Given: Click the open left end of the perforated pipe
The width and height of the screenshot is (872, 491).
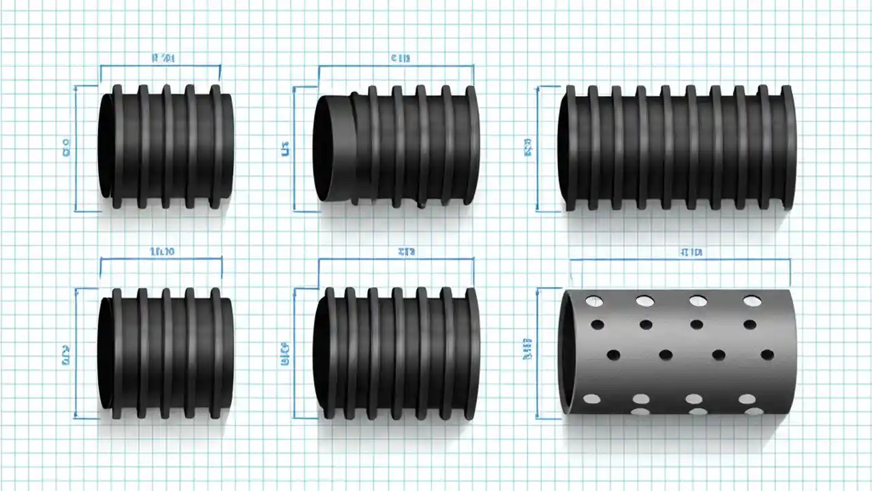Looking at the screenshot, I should [567, 351].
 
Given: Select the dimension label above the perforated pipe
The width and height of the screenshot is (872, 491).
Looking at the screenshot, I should [690, 252].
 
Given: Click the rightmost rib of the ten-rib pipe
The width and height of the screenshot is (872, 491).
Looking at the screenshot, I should [788, 147].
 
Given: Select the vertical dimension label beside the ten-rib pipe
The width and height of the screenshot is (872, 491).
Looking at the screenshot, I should [527, 149].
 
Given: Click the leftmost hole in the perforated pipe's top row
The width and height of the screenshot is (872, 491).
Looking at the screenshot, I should [594, 301].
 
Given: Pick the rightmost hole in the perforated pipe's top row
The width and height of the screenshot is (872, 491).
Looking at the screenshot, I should [751, 301].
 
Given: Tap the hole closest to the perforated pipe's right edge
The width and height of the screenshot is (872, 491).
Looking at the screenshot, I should [767, 355].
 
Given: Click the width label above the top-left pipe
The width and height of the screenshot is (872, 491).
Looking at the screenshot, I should [161, 59].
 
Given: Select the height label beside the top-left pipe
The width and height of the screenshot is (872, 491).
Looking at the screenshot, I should [66, 148].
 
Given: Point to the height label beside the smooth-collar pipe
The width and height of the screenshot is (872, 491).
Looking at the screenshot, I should [285, 148].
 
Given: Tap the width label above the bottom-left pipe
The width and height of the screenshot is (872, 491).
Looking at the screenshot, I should [161, 251].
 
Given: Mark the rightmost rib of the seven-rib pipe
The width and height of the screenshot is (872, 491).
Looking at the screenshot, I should [471, 353].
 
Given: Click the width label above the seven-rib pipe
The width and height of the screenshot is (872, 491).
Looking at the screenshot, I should [407, 251].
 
